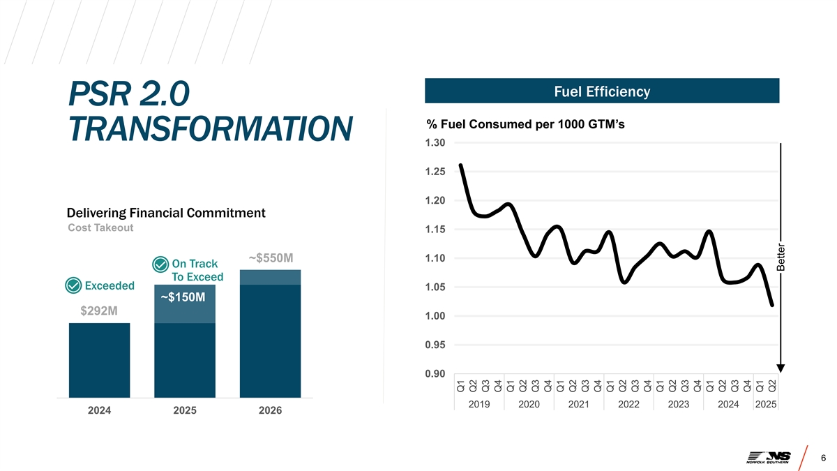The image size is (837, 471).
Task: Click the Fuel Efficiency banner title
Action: [x=601, y=91]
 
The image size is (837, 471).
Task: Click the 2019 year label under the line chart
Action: [x=479, y=405]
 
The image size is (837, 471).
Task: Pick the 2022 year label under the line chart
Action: [x=628, y=405]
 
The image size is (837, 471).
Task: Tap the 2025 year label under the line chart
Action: [x=766, y=405]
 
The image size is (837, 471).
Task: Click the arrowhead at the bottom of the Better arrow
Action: [x=781, y=368]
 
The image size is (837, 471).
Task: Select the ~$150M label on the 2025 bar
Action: [x=183, y=298]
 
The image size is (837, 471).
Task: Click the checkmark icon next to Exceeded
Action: [x=73, y=286]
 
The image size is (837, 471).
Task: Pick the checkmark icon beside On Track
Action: [x=160, y=264]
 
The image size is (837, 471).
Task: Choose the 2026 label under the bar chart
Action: [x=270, y=410]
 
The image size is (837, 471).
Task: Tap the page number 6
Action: [x=824, y=458]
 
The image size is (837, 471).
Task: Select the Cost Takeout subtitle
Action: [x=100, y=228]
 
